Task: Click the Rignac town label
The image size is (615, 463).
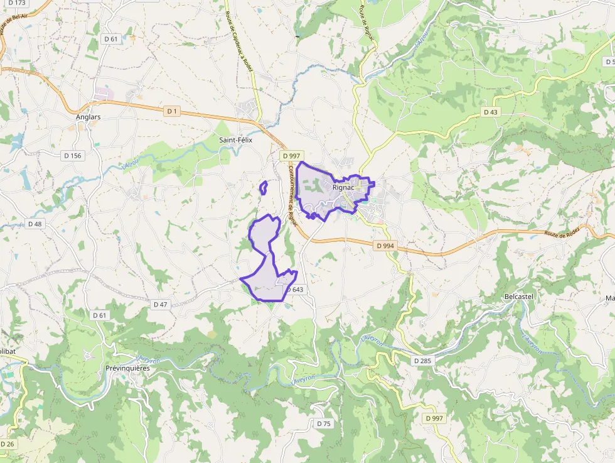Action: [x=344, y=187]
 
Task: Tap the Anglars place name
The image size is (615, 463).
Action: [x=88, y=117]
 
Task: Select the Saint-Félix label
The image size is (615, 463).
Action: [x=235, y=140]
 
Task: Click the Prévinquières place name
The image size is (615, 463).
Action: [x=127, y=368]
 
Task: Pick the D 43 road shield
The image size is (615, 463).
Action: [x=490, y=112]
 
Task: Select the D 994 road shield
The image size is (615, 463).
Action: [x=386, y=246]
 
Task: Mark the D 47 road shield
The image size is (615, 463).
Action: [x=160, y=304]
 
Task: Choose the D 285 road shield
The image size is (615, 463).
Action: [x=423, y=361]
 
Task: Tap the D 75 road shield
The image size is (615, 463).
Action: [x=323, y=423]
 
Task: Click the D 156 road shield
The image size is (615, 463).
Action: [x=73, y=155]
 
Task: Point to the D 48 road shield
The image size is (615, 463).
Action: [x=35, y=224]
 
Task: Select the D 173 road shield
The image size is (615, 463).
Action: [x=17, y=3]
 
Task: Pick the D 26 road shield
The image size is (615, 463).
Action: [x=8, y=444]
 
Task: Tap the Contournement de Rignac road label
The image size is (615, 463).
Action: [x=292, y=195]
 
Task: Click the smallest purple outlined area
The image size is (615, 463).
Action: [x=264, y=187]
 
